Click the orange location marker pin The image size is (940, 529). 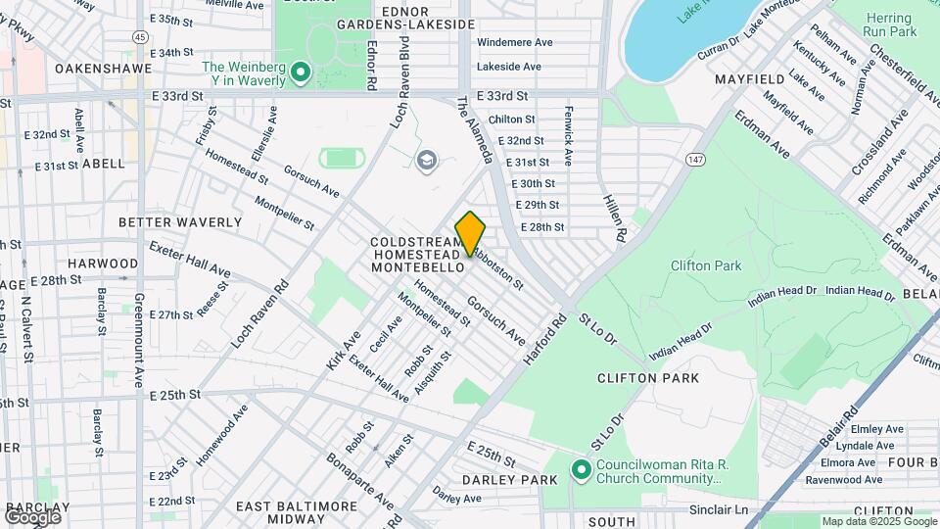[x=470, y=234]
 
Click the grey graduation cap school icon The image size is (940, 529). [x=426, y=160]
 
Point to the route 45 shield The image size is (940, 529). [x=142, y=36]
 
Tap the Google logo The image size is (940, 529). [x=31, y=516]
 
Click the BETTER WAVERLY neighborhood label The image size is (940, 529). [x=179, y=222]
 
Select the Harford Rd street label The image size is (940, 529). [x=545, y=340]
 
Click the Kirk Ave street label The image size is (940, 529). [x=338, y=350]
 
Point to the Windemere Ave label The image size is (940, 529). [x=515, y=42]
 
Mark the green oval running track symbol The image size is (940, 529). [x=339, y=157]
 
